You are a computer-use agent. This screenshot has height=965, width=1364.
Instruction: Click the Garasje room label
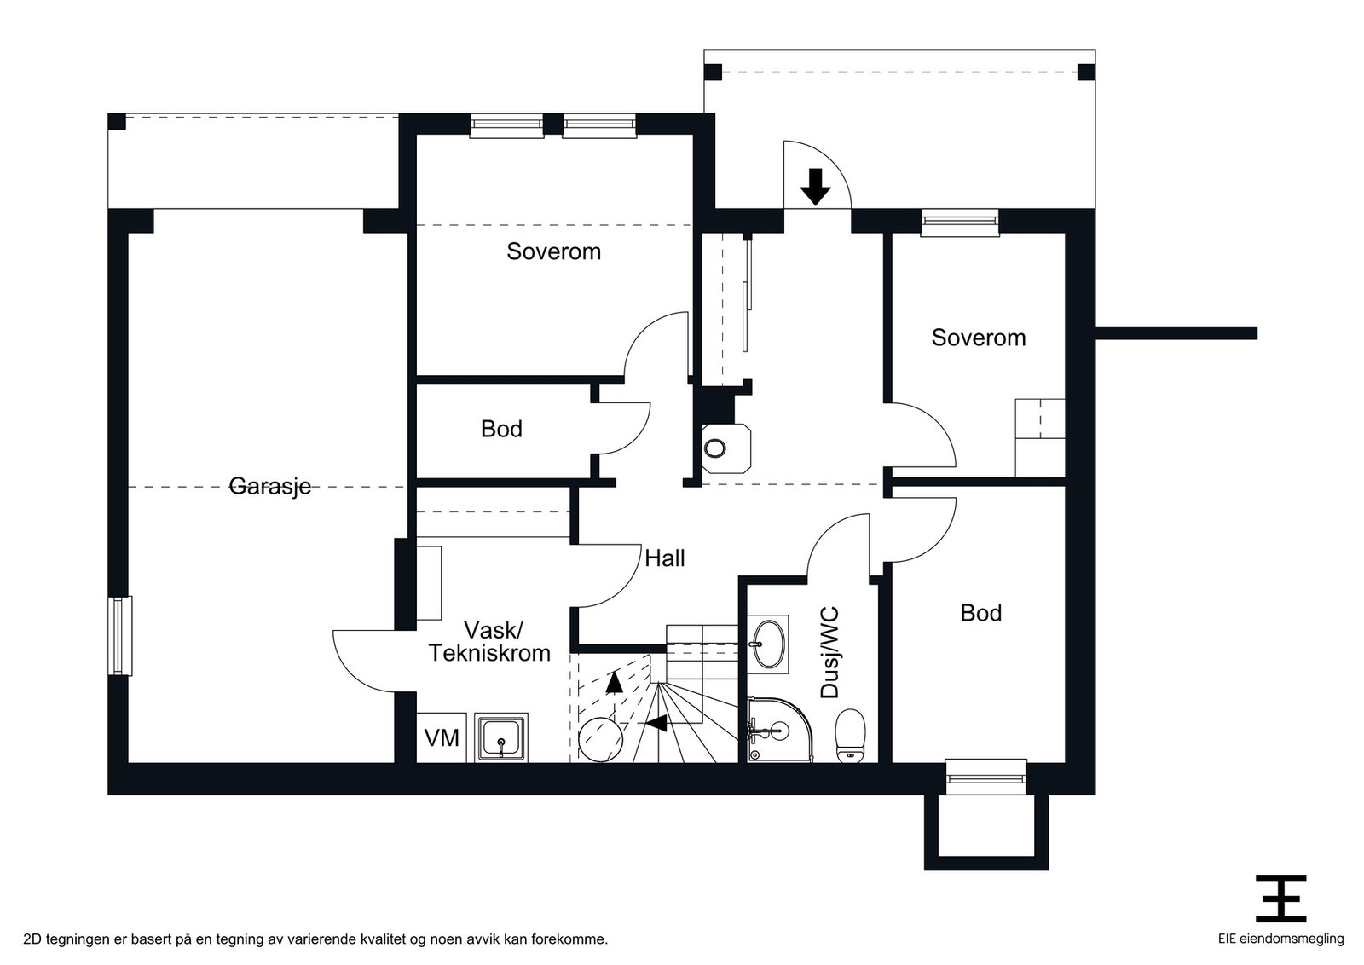269,487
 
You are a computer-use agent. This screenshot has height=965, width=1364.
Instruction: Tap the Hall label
664,558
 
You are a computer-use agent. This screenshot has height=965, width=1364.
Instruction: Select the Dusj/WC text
830,652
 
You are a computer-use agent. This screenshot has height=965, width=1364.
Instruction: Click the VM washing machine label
442,738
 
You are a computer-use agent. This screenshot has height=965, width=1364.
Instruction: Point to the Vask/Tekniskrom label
489,641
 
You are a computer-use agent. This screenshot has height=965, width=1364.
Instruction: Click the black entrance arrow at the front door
815,187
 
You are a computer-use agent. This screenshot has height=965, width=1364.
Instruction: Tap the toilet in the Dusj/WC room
850,736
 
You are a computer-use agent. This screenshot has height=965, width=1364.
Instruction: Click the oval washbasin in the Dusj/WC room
768,644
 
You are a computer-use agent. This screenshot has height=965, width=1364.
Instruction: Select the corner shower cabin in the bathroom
780,730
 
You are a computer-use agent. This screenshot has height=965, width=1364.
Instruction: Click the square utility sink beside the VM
501,738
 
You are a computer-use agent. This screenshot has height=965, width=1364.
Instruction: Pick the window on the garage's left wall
120,636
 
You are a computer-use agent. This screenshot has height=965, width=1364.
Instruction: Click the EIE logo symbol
1280,899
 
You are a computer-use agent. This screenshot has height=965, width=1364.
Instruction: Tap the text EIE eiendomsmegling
1280,939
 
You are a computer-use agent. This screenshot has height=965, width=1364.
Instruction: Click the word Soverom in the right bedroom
979,338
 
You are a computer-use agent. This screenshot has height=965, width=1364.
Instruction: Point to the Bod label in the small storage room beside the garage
501,429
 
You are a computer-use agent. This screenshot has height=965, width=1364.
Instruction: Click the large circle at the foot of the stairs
600,739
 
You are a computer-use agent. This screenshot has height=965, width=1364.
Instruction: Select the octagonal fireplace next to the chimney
725,448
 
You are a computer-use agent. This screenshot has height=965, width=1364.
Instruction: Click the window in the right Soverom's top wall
960,222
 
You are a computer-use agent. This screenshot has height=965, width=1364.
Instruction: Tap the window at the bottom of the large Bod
985,777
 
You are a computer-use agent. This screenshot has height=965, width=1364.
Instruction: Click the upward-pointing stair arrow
615,682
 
